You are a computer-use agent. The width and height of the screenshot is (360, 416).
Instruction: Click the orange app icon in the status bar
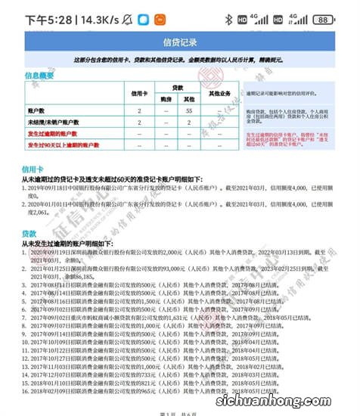coord(160,19)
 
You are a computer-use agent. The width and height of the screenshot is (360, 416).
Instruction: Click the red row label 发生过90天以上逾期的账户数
coord(64,143)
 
